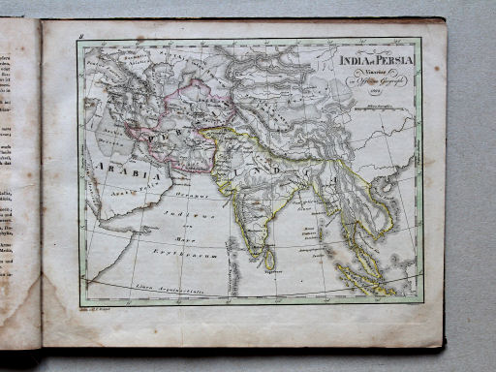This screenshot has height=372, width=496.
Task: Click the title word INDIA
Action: click(x=353, y=60)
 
